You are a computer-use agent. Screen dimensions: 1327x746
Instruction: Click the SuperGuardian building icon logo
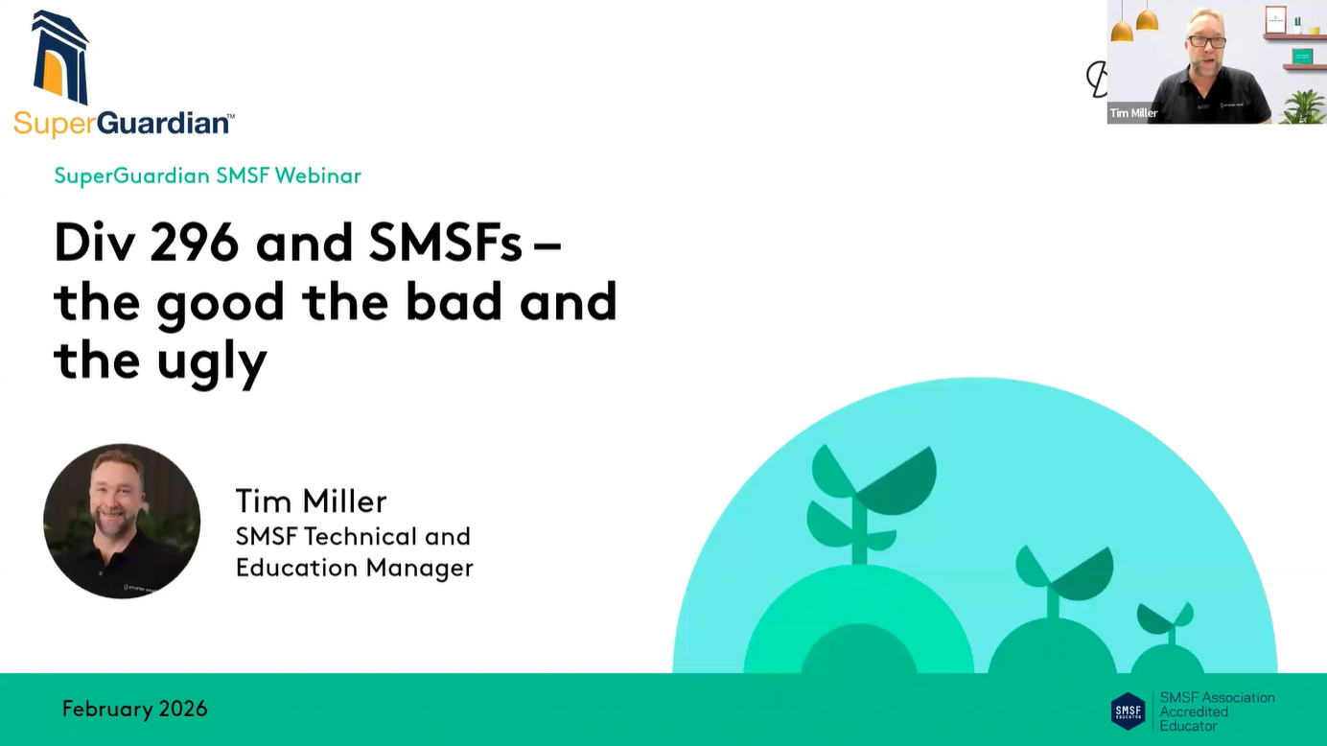pos(60,58)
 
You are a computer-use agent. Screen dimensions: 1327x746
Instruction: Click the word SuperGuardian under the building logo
pos(124,123)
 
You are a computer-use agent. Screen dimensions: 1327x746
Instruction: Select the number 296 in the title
pos(195,242)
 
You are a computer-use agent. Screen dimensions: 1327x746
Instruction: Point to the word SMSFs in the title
pos(445,242)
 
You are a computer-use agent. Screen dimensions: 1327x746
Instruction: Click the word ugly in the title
pos(212,363)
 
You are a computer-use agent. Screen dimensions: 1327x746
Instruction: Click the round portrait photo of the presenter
pos(122,521)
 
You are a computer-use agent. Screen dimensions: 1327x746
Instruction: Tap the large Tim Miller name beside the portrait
pos(311,501)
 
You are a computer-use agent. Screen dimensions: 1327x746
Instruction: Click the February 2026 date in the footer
pos(135,709)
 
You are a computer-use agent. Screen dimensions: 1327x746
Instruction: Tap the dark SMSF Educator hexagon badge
pos(1128,711)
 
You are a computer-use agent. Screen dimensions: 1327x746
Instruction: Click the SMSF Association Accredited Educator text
pos(1217,711)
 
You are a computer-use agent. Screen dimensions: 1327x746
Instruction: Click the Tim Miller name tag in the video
pos(1133,112)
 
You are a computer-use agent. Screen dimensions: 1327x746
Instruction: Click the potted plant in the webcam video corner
pos(1304,107)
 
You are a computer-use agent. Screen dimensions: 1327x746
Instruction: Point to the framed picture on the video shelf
pos(1275,20)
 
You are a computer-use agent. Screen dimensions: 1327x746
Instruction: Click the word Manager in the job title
pos(420,568)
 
